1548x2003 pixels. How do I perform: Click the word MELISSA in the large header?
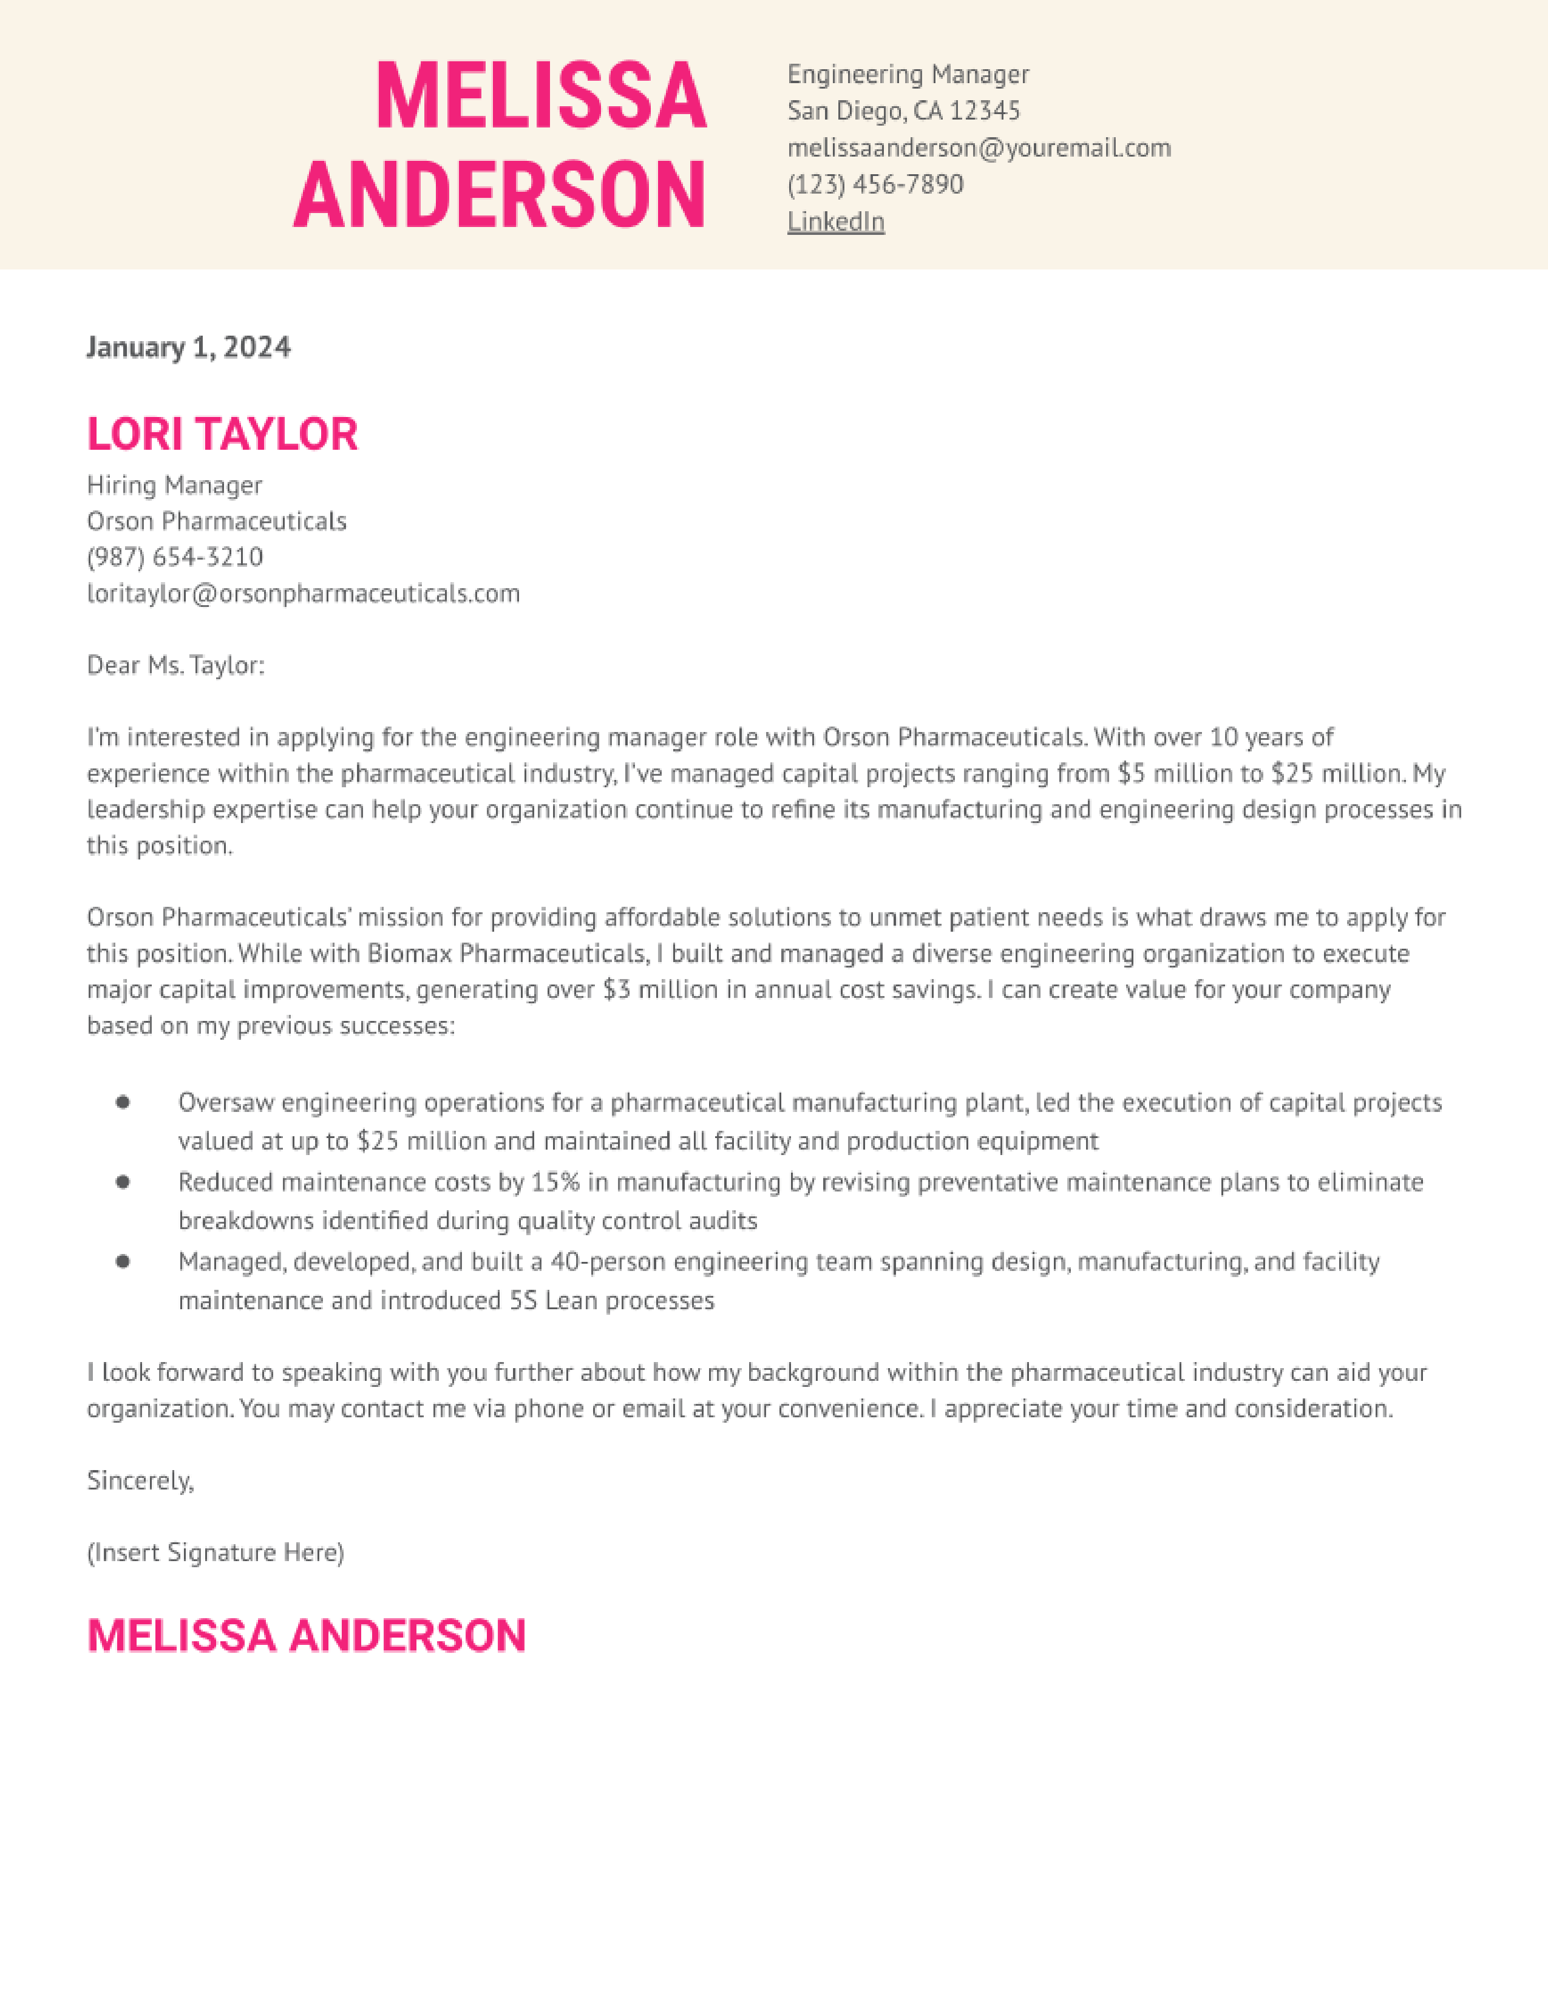[541, 97]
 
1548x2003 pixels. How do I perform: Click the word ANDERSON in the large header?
[500, 194]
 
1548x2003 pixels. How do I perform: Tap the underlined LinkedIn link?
[835, 222]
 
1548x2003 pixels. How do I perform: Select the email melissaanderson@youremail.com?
[979, 147]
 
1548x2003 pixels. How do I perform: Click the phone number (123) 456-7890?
[875, 185]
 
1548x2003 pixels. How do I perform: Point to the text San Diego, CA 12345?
[903, 111]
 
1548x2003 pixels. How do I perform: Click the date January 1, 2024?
[188, 348]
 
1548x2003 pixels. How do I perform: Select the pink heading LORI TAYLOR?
[222, 434]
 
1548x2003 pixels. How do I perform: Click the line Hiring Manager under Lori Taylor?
[174, 485]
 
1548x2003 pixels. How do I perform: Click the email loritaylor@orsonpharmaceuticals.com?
[303, 594]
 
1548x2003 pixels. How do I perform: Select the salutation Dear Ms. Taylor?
[175, 665]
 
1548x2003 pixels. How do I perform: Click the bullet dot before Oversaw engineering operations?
[123, 1102]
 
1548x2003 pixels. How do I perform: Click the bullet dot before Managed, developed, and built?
[123, 1262]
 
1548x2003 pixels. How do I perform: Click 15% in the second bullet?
[555, 1182]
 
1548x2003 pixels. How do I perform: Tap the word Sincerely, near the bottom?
[140, 1480]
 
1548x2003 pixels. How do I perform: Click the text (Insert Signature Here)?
[216, 1553]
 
